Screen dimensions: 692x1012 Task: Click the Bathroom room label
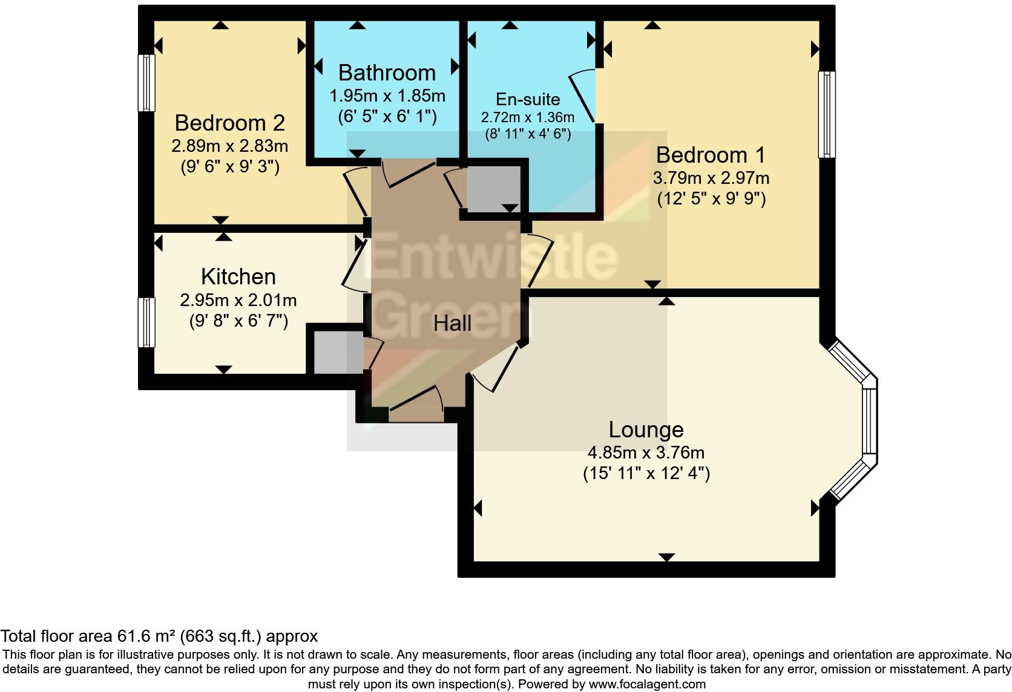pyautogui.click(x=387, y=73)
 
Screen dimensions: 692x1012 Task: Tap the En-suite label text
pyautogui.click(x=528, y=99)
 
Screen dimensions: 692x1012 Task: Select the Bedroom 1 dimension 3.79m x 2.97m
pyautogui.click(x=711, y=178)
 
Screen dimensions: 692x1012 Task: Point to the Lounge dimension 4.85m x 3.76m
pyautogui.click(x=646, y=452)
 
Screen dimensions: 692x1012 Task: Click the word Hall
pyautogui.click(x=452, y=324)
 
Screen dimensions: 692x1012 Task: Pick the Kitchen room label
pyautogui.click(x=238, y=276)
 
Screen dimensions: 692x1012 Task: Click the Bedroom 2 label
pyautogui.click(x=229, y=123)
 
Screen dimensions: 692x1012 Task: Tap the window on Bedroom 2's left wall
pyautogui.click(x=146, y=83)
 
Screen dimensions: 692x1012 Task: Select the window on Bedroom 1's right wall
pyautogui.click(x=827, y=114)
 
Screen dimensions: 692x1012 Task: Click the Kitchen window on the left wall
pyautogui.click(x=146, y=322)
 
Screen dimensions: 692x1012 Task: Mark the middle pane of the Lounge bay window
pyautogui.click(x=869, y=420)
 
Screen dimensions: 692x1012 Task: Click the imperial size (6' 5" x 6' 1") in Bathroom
pyautogui.click(x=387, y=116)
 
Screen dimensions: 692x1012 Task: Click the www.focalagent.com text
pyautogui.click(x=646, y=685)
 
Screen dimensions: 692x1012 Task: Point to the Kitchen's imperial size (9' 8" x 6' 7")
pyautogui.click(x=238, y=321)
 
